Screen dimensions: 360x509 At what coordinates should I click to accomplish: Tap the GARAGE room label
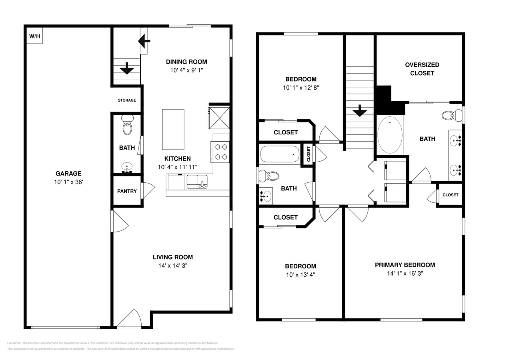68,173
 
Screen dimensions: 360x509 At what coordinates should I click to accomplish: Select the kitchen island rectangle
173,129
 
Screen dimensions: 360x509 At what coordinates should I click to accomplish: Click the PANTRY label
127,191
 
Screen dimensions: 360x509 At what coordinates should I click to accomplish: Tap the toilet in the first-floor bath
127,125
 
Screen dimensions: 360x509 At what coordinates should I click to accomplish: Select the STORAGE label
127,100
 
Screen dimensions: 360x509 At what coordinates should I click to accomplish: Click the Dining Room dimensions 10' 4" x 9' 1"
186,70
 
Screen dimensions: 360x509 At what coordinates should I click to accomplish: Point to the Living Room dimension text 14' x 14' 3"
173,266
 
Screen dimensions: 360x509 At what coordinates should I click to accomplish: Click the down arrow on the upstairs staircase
360,110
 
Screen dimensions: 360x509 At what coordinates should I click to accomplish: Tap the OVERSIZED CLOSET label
422,69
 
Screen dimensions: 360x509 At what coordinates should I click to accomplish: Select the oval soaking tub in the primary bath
390,135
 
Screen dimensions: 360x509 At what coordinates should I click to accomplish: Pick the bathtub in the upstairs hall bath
280,154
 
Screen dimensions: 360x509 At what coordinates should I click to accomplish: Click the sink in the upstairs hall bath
265,196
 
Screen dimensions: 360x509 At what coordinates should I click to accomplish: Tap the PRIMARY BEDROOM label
405,265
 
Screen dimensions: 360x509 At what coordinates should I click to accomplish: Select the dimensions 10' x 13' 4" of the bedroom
300,275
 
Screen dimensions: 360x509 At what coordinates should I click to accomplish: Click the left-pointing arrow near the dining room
144,40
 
